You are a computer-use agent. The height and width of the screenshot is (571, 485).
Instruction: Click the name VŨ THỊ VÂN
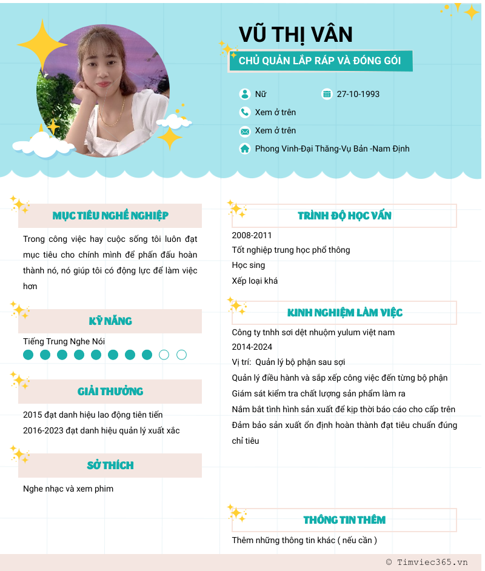pyautogui.click(x=295, y=35)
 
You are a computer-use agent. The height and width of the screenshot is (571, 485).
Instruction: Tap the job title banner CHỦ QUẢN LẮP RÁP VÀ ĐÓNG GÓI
pyautogui.click(x=320, y=61)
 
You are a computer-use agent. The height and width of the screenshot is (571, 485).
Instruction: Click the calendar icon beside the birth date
pyautogui.click(x=327, y=94)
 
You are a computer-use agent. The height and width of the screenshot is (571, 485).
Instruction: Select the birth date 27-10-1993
pyautogui.click(x=358, y=94)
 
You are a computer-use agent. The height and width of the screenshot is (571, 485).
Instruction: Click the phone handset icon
pyautogui.click(x=245, y=112)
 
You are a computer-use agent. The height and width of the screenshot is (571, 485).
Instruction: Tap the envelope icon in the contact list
pyautogui.click(x=245, y=131)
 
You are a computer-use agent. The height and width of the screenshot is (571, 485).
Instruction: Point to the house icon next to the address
pyautogui.click(x=245, y=149)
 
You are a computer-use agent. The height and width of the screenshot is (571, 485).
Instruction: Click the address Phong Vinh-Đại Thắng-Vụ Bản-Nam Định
pyautogui.click(x=332, y=149)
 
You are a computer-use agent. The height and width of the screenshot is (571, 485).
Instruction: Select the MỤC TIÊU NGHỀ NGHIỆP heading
pyautogui.click(x=110, y=216)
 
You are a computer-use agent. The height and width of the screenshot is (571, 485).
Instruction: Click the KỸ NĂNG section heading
pyautogui.click(x=110, y=321)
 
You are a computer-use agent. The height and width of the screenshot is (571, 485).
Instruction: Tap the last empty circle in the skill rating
pyautogui.click(x=181, y=355)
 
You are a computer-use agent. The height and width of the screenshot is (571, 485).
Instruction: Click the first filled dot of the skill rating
pyautogui.click(x=28, y=355)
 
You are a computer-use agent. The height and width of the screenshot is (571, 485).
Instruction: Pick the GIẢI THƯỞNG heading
pyautogui.click(x=110, y=392)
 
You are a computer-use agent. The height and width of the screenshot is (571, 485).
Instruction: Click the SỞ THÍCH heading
pyautogui.click(x=110, y=466)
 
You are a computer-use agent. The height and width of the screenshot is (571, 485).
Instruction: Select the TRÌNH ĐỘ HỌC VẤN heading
pyautogui.click(x=344, y=216)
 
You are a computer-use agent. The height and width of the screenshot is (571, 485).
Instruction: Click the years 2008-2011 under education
pyautogui.click(x=252, y=235)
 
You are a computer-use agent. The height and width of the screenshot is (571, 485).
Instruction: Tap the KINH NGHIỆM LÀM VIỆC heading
pyautogui.click(x=344, y=313)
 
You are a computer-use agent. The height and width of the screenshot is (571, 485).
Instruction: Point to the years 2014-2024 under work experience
pyautogui.click(x=252, y=347)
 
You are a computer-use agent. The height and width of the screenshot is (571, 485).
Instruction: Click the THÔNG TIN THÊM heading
pyautogui.click(x=344, y=520)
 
